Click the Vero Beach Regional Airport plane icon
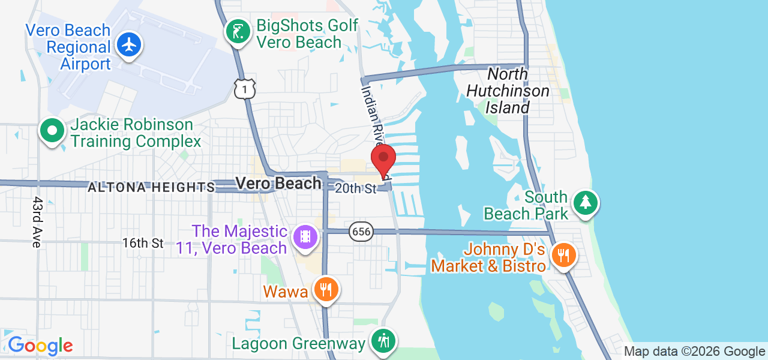128,44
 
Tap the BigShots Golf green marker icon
238,31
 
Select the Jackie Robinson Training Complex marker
52,130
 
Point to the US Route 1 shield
245,89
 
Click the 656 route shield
361,232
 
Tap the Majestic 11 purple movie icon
305,236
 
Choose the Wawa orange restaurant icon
326,290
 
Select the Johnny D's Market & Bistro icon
563,255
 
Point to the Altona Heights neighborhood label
151,188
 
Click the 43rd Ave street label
37,222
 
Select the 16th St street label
143,243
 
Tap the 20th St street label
355,188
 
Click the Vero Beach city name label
278,183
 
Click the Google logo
40,346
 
